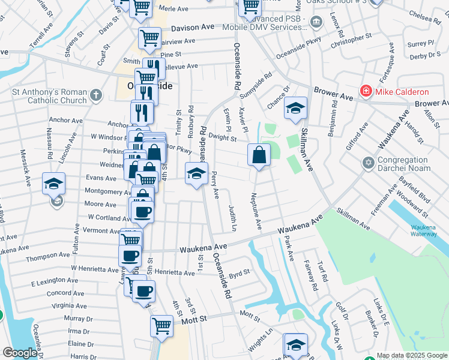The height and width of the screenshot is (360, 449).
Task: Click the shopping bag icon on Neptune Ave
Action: tap(258, 155)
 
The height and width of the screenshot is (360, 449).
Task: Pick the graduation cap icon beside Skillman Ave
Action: tap(294, 109)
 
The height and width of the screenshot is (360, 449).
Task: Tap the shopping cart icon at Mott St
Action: tap(161, 326)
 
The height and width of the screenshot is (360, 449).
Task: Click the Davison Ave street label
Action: tap(192, 28)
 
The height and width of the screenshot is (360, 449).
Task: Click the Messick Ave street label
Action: tap(25, 168)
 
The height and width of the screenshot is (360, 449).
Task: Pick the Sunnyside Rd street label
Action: tap(256, 85)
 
